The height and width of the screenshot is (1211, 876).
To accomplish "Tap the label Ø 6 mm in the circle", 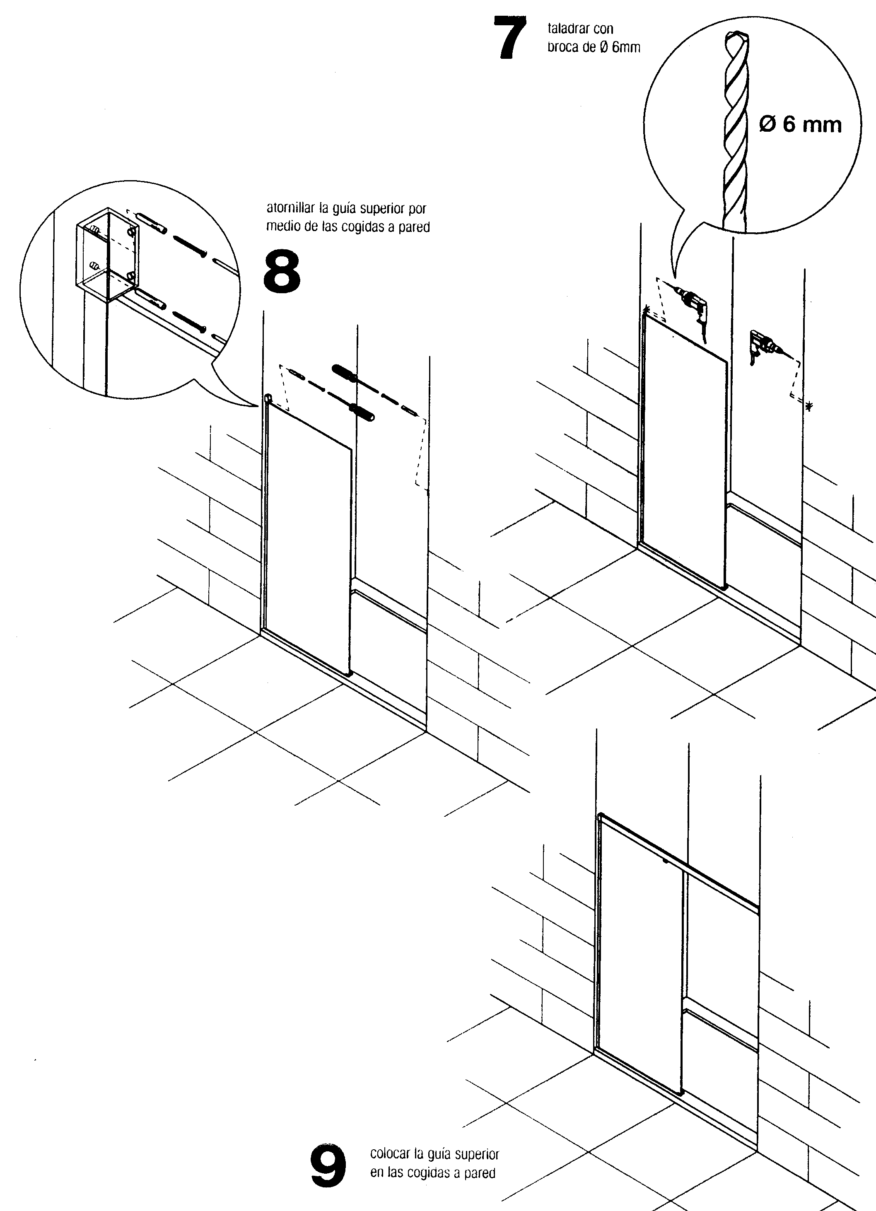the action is click(800, 124).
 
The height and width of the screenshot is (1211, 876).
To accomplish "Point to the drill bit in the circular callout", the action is click(736, 131).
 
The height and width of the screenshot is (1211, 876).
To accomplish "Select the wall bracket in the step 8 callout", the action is click(107, 255).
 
